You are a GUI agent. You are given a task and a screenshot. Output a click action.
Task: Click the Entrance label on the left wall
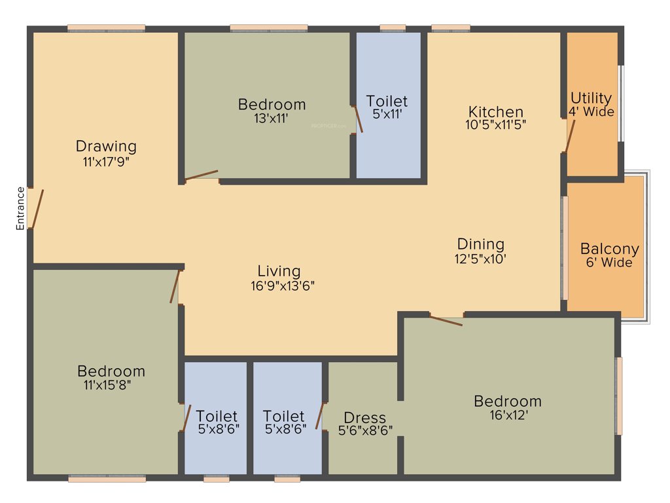coord(20,208)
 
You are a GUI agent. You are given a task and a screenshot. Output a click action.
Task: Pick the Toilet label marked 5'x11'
coord(387,102)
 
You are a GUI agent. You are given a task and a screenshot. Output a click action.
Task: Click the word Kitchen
coord(496,111)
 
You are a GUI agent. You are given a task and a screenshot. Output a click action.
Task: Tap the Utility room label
coord(591,98)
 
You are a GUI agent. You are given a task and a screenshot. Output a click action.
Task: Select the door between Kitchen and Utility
coord(570,136)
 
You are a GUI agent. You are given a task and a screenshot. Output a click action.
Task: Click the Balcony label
coord(609,250)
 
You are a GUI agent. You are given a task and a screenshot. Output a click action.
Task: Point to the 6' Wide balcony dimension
coord(609,263)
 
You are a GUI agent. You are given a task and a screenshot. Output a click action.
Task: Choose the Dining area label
coord(481,244)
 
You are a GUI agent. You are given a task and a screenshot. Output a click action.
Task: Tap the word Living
coord(279,271)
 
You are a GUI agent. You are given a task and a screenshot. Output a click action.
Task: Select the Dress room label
coord(364,418)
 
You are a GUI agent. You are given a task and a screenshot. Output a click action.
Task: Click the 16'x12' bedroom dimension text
coord(508,415)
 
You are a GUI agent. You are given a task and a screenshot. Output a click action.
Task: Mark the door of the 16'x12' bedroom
coord(446,320)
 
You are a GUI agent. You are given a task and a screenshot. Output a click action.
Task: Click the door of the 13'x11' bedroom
coord(202,175)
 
